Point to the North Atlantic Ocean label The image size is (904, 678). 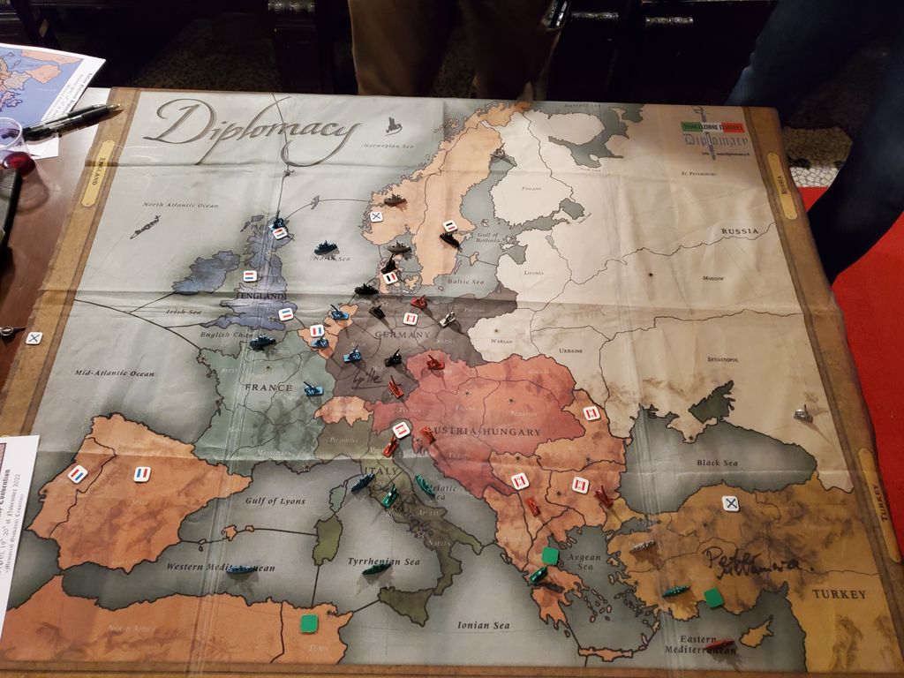pos(180,206)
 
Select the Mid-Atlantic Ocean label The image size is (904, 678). pos(115,373)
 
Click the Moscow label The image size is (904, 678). pos(712,278)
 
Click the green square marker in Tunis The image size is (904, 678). pos(309,623)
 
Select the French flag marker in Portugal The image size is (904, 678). pos(78,473)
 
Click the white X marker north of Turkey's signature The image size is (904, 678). pos(730,503)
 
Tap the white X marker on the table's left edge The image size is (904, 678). pos(34,337)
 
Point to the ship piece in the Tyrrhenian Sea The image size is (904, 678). pos(376,569)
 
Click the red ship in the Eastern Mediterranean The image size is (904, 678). pos(719,644)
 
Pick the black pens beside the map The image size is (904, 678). pos(71,119)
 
